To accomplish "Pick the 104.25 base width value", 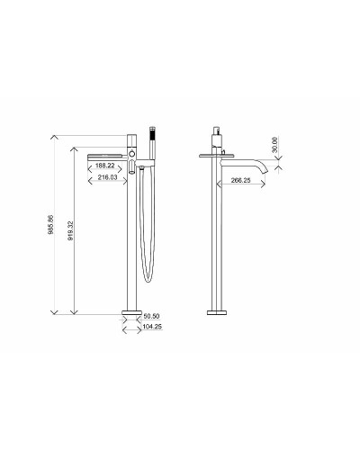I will click(x=151, y=328).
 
